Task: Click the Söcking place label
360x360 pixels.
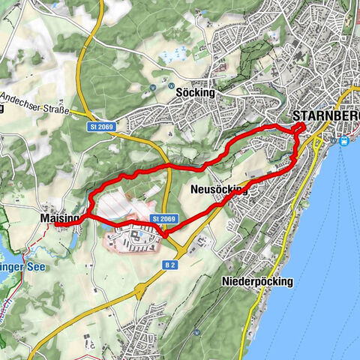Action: coord(195,93)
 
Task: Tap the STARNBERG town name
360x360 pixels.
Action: coord(325,116)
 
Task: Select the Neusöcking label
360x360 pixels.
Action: coord(219,190)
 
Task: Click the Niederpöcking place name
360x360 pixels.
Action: coord(257,281)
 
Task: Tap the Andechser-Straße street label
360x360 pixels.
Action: coord(35,102)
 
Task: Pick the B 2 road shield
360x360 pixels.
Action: coord(170,265)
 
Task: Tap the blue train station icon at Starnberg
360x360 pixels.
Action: coord(345,140)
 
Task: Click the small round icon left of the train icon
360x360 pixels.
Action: coord(333,139)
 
